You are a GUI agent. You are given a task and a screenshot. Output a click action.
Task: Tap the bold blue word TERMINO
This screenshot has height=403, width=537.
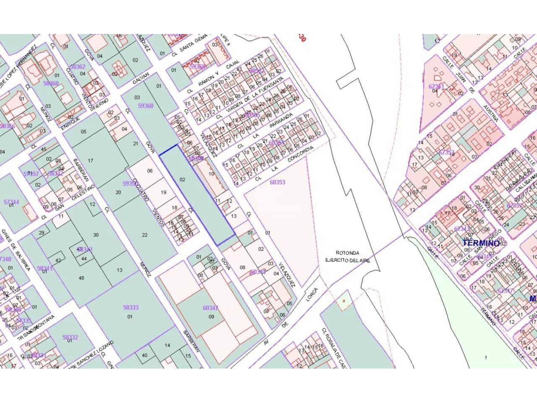tap(481, 243)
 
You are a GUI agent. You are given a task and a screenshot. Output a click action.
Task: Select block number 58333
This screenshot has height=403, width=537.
tap(130, 307)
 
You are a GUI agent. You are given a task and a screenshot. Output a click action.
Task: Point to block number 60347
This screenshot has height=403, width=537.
tap(211, 308)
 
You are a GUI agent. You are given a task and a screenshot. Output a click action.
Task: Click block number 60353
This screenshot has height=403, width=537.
tap(277, 182)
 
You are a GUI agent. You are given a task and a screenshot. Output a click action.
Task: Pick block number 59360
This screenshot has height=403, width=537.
tap(146, 106)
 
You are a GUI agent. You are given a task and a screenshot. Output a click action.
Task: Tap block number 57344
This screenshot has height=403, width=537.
tap(11, 202)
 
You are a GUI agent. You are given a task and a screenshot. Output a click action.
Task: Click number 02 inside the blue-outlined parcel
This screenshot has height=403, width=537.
tap(182, 179)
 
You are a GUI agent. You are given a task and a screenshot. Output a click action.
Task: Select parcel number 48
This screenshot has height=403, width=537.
tap(81, 278)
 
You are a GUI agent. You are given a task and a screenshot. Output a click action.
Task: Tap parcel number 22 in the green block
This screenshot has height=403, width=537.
tap(145, 235)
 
